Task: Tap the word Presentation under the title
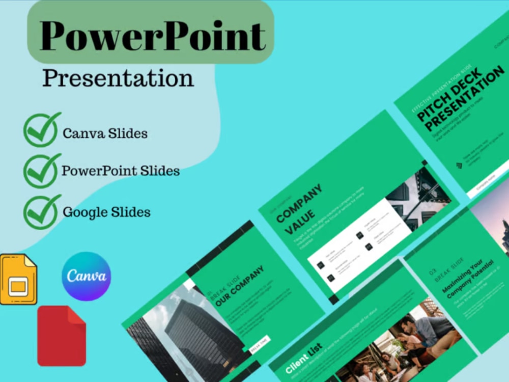[x=118, y=78]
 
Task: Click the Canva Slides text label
[x=105, y=133]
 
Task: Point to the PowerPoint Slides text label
[x=121, y=171]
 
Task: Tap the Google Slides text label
[x=106, y=212]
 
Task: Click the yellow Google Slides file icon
[x=18, y=279]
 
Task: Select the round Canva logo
[x=86, y=276]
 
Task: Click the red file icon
[x=61, y=336]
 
